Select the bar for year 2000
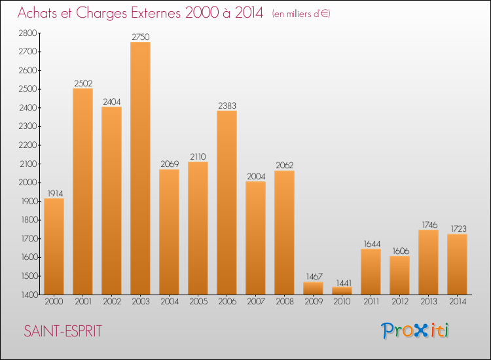tap(54, 246)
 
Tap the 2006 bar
tap(227, 202)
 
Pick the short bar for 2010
tap(342, 291)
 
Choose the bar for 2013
tap(428, 262)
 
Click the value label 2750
tap(140, 37)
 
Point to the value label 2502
tap(82, 83)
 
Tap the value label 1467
tap(313, 277)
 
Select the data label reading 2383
tap(227, 105)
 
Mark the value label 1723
tap(457, 229)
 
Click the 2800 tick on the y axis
tap(29, 33)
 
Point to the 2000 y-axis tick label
tap(29, 183)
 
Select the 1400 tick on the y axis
tap(29, 295)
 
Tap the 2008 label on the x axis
tap(284, 302)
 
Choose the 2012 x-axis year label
tap(399, 302)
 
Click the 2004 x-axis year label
tap(169, 302)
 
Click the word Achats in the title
tap(41, 13)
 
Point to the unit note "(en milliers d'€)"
tap(301, 14)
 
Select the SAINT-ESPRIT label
tap(63, 331)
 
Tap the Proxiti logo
tap(416, 331)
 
